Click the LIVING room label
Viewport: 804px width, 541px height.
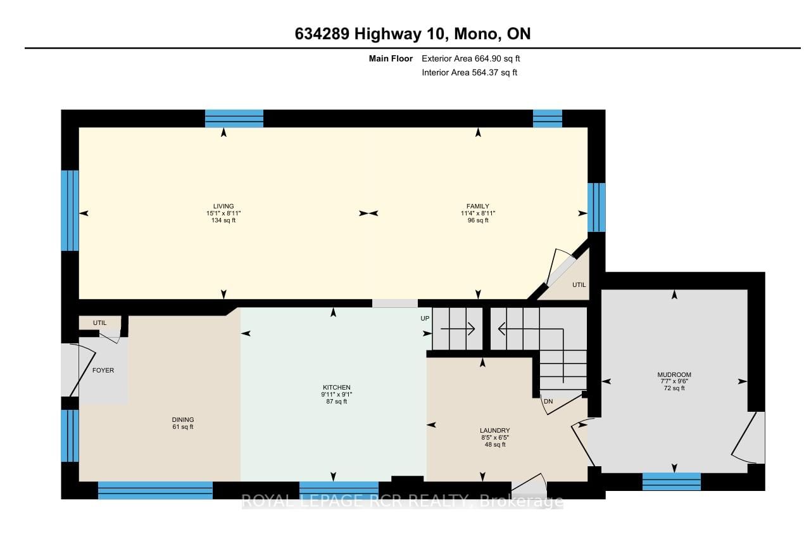tap(223, 206)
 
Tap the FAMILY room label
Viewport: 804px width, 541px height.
tap(478, 206)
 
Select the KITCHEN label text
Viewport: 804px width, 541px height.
tap(336, 387)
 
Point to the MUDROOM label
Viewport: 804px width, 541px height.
tap(674, 374)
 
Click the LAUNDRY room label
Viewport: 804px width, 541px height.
tap(494, 430)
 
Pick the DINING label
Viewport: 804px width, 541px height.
tap(183, 419)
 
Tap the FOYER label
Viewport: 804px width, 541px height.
tap(103, 371)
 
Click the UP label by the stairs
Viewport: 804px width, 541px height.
tap(425, 318)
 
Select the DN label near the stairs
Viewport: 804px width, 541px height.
tap(548, 401)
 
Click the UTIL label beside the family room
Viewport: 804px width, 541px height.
tap(579, 285)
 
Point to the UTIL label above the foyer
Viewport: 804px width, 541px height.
tap(99, 323)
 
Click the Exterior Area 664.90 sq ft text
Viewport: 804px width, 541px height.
tap(470, 58)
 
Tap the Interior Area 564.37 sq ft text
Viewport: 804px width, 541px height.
tap(469, 73)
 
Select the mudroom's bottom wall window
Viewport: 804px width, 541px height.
tap(671, 481)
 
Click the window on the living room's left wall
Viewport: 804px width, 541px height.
tap(70, 210)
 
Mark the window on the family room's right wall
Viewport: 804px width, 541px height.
tap(596, 207)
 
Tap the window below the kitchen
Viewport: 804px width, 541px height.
tap(339, 490)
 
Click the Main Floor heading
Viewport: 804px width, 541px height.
tap(391, 58)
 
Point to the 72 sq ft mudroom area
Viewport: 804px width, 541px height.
tap(674, 388)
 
